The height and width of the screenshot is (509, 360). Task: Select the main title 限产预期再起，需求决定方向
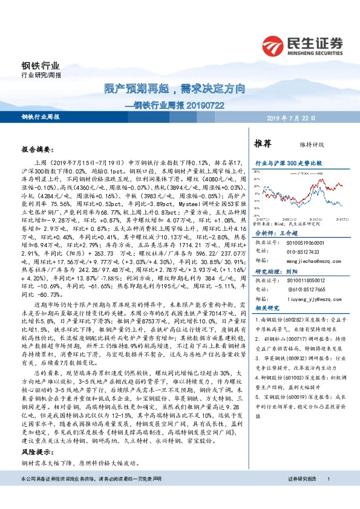(x=172, y=89)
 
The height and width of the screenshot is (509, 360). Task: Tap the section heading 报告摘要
(x=38, y=148)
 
